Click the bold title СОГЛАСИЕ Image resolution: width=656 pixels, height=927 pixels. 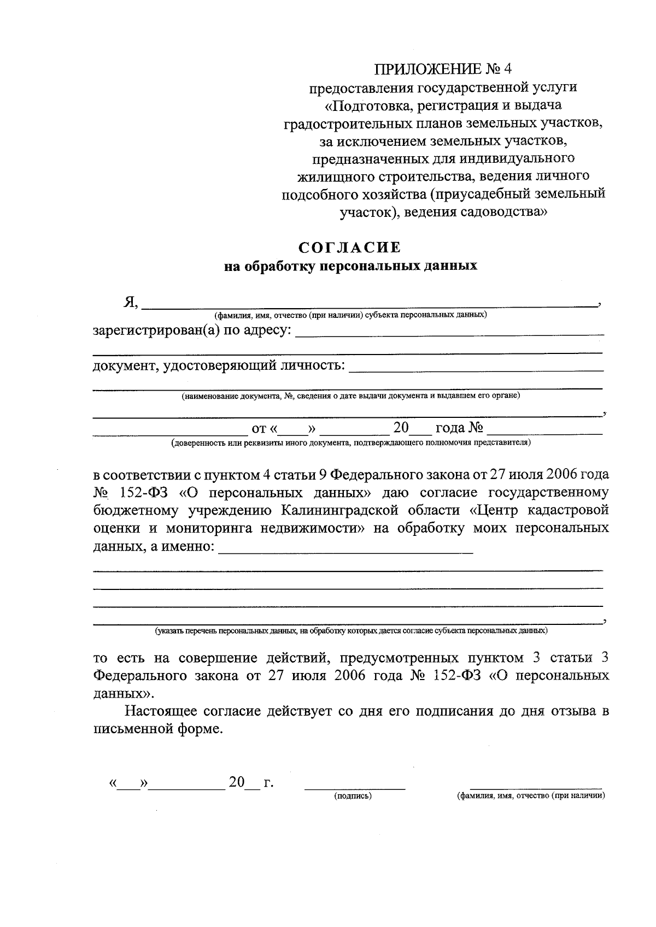coord(350,247)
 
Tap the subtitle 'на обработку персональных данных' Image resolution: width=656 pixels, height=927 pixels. coord(350,267)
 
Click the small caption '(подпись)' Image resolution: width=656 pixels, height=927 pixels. coord(353,796)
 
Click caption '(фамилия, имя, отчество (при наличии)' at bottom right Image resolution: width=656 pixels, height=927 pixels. coord(531,796)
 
